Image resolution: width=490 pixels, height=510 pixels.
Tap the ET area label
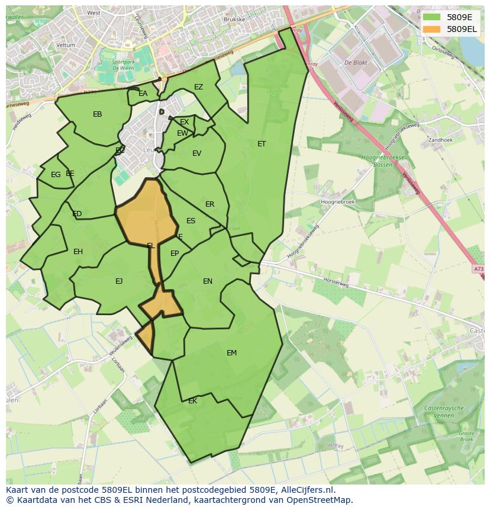[x=262, y=144]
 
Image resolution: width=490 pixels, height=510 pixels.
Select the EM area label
[x=231, y=353]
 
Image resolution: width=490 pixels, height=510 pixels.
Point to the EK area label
[x=192, y=401]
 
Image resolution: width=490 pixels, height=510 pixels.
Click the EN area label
[x=208, y=281]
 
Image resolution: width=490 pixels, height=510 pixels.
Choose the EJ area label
[x=119, y=281]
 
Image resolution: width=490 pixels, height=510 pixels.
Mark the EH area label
[x=78, y=252]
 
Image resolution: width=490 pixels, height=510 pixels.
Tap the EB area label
[x=98, y=114]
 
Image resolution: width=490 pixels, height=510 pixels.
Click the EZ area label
[x=198, y=87]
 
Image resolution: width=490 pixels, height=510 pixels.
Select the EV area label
[x=196, y=153]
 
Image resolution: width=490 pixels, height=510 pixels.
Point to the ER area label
[x=209, y=204]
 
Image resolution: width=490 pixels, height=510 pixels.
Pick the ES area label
[x=191, y=221]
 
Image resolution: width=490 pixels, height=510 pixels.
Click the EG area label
[x=56, y=175]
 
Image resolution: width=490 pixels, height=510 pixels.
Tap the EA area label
[x=143, y=94]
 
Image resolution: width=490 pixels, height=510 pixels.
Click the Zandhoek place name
[x=440, y=140]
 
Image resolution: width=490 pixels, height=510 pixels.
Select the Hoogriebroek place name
[x=337, y=202]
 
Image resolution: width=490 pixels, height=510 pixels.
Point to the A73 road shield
[x=478, y=269]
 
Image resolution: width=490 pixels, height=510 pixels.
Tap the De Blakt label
[x=356, y=62]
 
